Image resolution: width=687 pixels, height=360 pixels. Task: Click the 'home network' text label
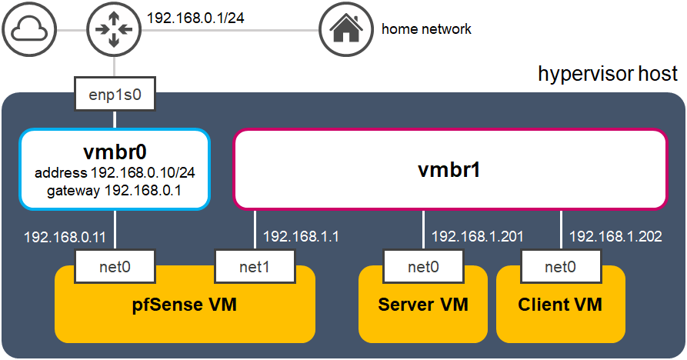click(x=426, y=29)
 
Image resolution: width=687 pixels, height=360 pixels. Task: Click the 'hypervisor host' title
click(x=608, y=74)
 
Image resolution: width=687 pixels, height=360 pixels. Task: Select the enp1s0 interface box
click(x=115, y=95)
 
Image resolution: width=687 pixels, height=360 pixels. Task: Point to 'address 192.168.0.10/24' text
click(x=115, y=172)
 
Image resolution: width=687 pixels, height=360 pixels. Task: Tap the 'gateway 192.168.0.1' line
click(x=115, y=191)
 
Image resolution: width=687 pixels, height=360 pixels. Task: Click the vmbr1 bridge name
click(x=450, y=169)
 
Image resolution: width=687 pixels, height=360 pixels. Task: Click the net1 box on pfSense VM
click(x=255, y=268)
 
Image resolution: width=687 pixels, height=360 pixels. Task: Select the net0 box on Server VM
click(x=424, y=268)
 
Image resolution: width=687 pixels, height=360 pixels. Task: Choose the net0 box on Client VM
click(x=560, y=268)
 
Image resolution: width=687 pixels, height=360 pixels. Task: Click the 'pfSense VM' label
click(x=185, y=305)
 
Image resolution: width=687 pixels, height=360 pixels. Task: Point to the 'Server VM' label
click(x=423, y=305)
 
